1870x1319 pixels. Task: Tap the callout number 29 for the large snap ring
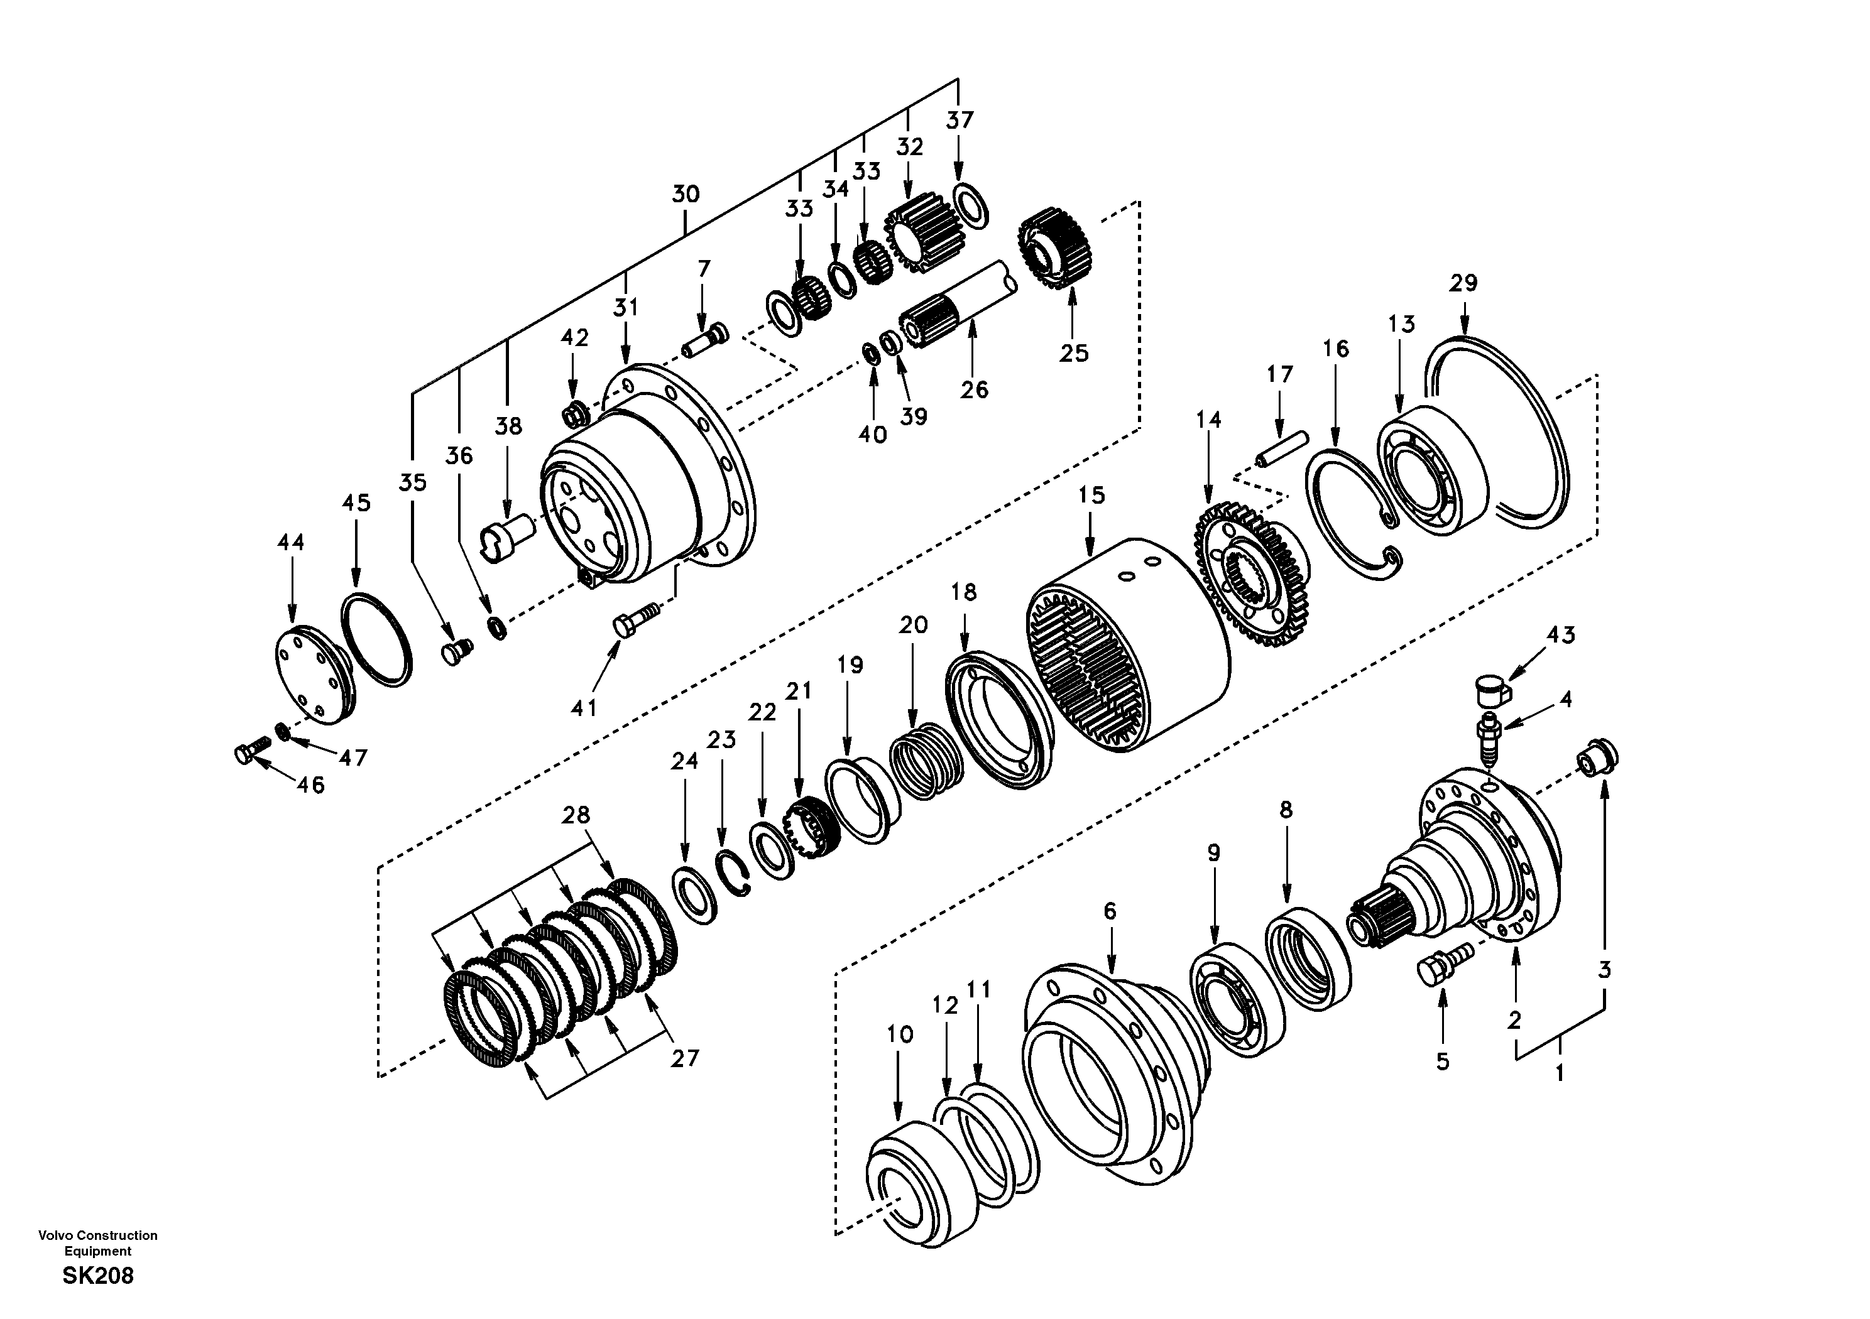click(x=1463, y=283)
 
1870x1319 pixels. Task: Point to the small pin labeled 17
click(x=1282, y=450)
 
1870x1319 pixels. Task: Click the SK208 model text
click(x=98, y=1276)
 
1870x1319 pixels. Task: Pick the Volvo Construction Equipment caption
click(x=98, y=1242)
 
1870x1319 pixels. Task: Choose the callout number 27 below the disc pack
click(x=684, y=1058)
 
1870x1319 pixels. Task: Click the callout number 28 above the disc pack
click(x=576, y=815)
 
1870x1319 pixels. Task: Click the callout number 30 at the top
click(x=685, y=194)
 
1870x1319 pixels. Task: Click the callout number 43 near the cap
click(x=1560, y=634)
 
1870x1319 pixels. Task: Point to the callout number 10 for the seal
click(x=899, y=1034)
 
